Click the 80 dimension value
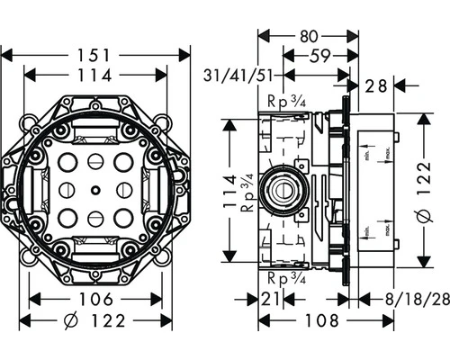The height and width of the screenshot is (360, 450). (310, 38)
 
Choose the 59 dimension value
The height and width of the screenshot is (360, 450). (317, 57)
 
